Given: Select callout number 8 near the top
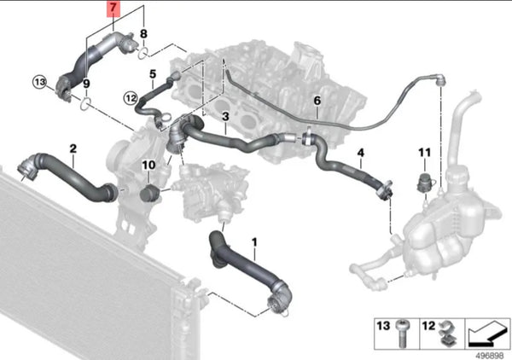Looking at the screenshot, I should click(144, 34).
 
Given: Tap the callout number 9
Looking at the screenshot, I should click(85, 84).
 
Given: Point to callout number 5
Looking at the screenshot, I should click(153, 74).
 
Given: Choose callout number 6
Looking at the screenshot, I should click(317, 101).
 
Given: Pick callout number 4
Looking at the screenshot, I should click(360, 154).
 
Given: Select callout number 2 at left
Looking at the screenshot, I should click(73, 148).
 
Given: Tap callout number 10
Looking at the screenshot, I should click(148, 165).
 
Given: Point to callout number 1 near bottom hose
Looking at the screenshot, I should click(253, 243).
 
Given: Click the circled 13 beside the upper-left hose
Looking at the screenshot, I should click(38, 81).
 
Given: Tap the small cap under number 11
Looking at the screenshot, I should click(422, 180).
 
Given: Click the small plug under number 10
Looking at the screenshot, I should click(148, 190).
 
